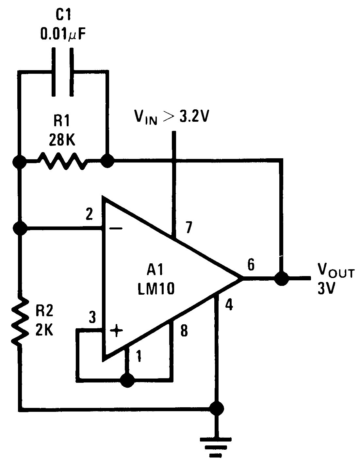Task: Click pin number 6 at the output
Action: (x=251, y=264)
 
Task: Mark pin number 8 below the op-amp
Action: (x=184, y=331)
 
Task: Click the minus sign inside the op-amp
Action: (x=116, y=229)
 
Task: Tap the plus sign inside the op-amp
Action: (x=116, y=331)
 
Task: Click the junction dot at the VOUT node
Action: (x=281, y=278)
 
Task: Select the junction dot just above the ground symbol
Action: (x=216, y=408)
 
